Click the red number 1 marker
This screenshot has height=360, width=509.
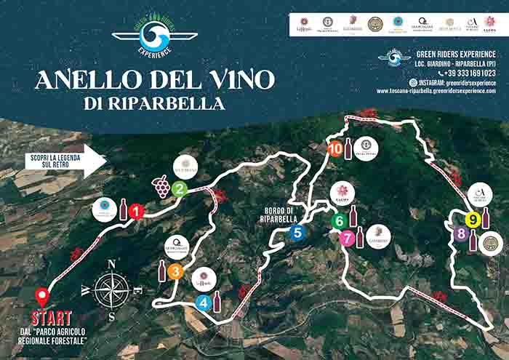coord(136,212)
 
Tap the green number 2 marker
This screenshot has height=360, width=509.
coord(180,190)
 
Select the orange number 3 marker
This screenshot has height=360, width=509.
coord(175,272)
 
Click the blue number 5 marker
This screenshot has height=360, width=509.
coord(296,233)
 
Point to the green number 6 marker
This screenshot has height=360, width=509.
coord(339,220)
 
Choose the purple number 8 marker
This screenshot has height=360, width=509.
coord(460,234)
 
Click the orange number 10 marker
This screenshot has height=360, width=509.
coord(335,148)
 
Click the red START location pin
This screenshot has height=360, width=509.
coord(43,297)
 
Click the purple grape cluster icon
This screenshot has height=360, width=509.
coord(161,187)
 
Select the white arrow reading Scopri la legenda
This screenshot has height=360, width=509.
coord(59,160)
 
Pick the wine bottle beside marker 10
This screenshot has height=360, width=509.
coord(348,148)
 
